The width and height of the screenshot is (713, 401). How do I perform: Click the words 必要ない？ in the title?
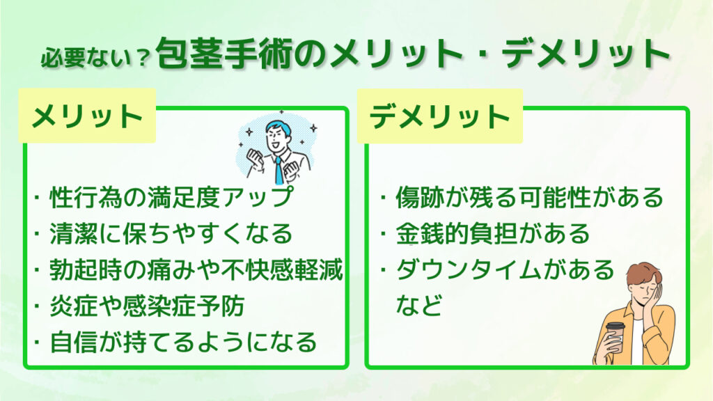[95, 58]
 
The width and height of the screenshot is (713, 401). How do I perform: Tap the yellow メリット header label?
[87, 116]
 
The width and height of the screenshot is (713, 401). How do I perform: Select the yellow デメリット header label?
[440, 116]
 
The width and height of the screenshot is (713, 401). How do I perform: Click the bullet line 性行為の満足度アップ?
[171, 198]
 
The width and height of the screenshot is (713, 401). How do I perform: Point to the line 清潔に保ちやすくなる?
[171, 234]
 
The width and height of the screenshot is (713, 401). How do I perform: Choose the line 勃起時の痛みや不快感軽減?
[196, 270]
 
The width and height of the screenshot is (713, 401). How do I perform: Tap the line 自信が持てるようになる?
[183, 343]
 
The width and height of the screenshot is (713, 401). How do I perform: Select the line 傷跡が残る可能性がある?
[529, 198]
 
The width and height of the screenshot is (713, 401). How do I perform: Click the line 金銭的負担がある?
[492, 234]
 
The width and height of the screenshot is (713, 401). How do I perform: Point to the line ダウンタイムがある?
[505, 270]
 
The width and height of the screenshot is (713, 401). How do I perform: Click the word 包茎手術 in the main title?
[224, 54]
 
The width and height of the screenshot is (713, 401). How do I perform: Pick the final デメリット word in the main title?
[586, 54]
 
